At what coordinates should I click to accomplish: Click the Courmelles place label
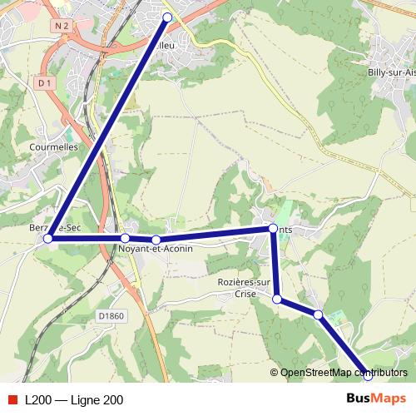click(52, 146)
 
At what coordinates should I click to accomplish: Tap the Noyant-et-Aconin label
click(156, 249)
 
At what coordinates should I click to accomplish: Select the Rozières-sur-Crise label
click(245, 287)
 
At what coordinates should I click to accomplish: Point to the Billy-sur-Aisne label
click(391, 72)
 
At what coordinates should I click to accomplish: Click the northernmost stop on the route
click(167, 17)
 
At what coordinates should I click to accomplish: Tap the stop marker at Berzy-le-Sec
click(47, 238)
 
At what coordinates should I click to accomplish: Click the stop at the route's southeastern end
click(368, 375)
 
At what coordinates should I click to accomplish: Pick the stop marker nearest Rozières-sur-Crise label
click(277, 300)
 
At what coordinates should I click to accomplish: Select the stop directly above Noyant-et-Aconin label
click(156, 240)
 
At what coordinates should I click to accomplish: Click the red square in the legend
click(12, 400)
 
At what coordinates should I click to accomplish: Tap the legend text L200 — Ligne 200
click(74, 400)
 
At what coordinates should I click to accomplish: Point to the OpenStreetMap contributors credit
click(339, 373)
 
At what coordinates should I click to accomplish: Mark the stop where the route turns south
click(273, 228)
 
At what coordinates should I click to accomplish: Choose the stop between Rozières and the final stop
click(318, 314)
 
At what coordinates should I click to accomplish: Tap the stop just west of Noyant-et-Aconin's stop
click(125, 238)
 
